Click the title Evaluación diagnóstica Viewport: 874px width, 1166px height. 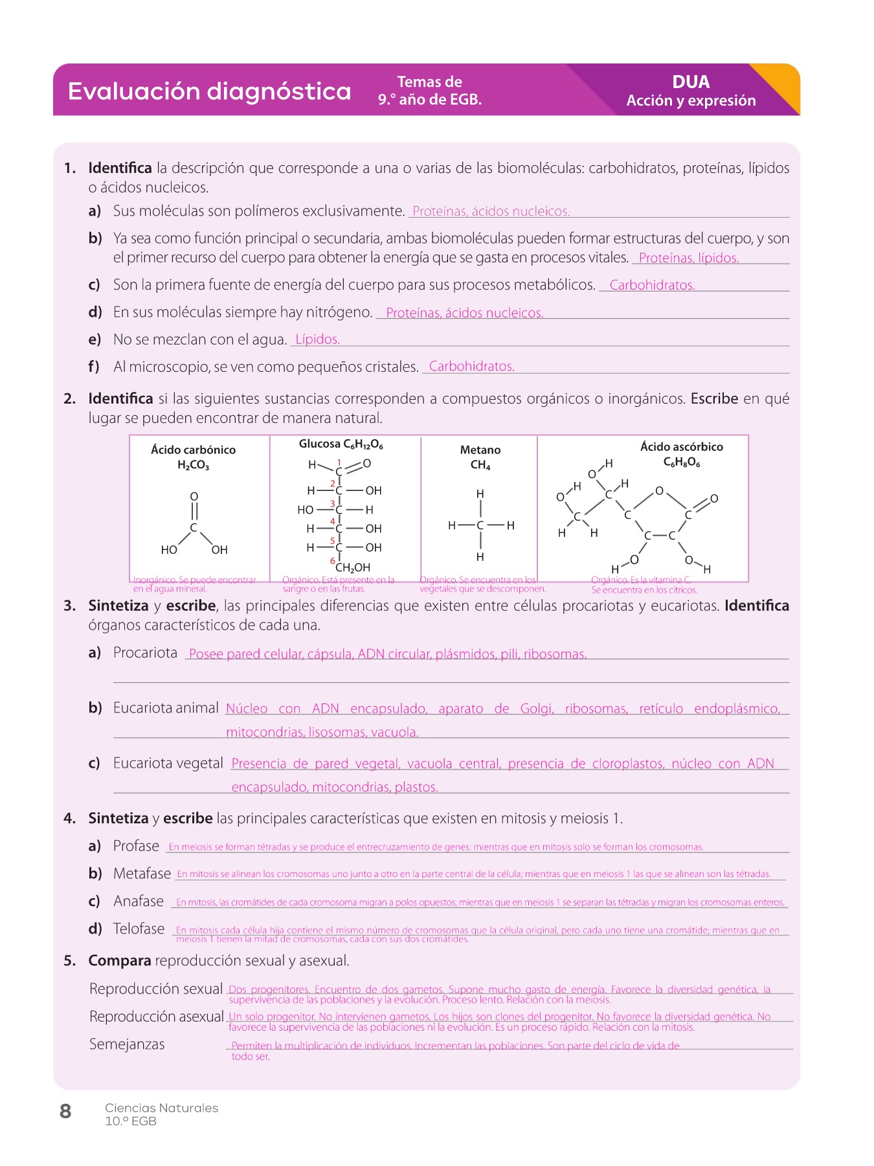tap(209, 91)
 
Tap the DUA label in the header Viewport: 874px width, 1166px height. tap(691, 82)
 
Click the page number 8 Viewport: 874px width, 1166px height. tap(65, 1112)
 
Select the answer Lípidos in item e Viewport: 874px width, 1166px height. tap(317, 339)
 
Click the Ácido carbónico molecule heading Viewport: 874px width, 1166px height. tap(193, 450)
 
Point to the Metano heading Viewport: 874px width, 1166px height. tap(480, 450)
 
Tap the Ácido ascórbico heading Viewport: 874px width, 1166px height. tap(681, 446)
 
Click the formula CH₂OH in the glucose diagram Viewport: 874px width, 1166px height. tap(353, 567)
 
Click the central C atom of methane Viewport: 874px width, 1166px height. tap(480, 525)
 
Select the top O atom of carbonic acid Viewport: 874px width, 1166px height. tap(194, 496)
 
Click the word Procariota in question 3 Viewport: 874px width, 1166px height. tap(145, 653)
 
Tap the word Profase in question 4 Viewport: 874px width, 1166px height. tap(136, 846)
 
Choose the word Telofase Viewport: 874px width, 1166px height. tap(139, 929)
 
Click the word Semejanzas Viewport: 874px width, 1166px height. tap(127, 1044)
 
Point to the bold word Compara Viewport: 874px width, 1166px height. tap(120, 961)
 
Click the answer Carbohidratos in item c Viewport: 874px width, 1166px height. tap(652, 285)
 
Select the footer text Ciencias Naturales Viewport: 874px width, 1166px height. tap(161, 1108)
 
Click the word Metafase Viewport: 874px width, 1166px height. tap(142, 874)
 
